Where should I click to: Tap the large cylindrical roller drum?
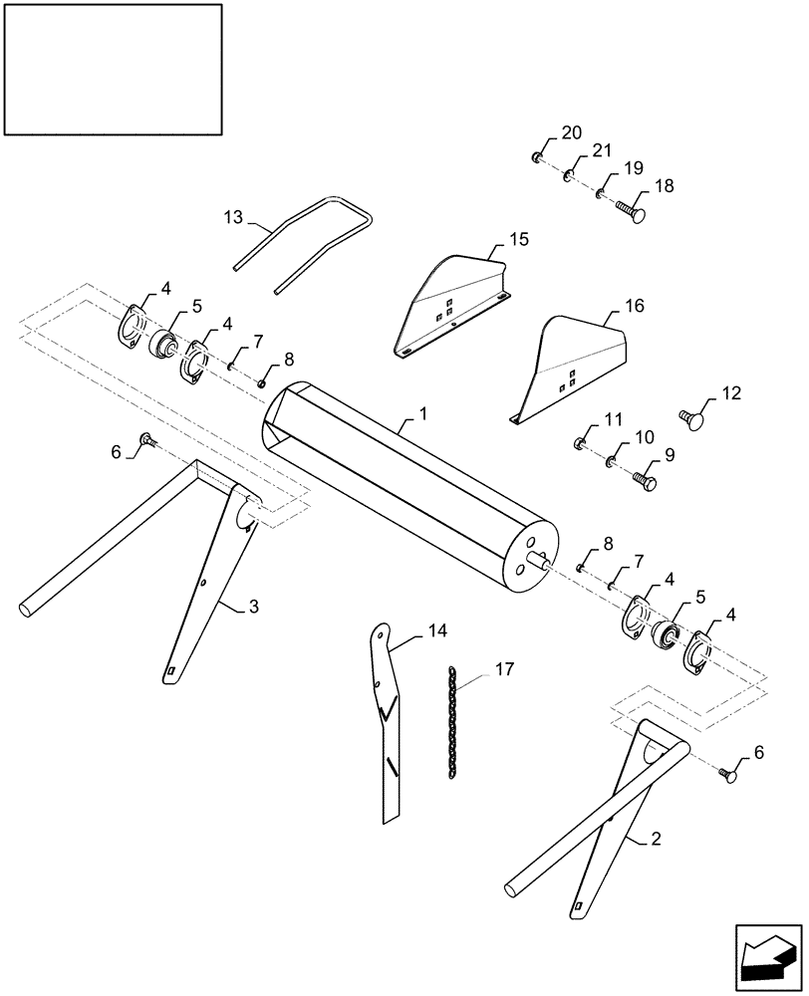(399, 478)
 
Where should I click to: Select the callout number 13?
(232, 217)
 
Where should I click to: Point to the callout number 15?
(518, 240)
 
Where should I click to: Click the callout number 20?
(571, 133)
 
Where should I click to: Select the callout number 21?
(600, 150)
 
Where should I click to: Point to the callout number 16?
(634, 306)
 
